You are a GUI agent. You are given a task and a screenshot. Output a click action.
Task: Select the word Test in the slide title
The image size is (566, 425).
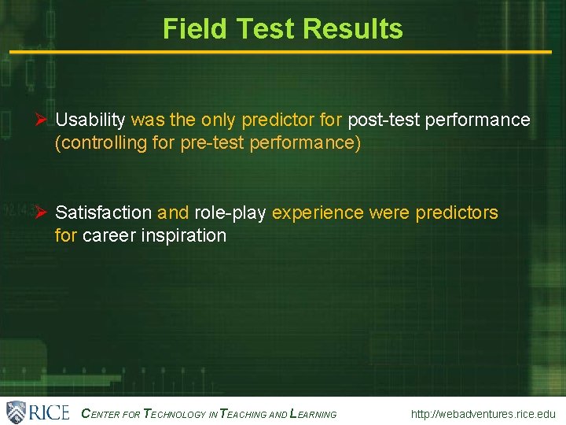click(265, 29)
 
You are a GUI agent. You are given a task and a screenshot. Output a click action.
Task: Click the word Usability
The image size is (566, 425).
click(90, 120)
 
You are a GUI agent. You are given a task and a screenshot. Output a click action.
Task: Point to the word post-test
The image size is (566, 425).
click(378, 120)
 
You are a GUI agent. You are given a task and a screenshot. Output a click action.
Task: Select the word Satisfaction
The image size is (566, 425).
click(104, 213)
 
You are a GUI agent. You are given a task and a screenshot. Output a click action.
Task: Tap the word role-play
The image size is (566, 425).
click(230, 213)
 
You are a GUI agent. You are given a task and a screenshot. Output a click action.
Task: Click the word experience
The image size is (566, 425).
click(318, 213)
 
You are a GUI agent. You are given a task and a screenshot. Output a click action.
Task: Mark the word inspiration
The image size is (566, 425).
click(184, 236)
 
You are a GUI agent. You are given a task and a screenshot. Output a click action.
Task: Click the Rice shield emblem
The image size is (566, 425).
click(16, 412)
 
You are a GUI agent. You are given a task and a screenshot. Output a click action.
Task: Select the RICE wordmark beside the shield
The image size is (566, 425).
click(49, 412)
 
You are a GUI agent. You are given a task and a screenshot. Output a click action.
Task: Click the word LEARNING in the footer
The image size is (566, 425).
click(314, 414)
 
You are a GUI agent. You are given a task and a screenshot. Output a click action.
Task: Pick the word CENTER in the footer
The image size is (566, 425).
click(101, 414)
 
